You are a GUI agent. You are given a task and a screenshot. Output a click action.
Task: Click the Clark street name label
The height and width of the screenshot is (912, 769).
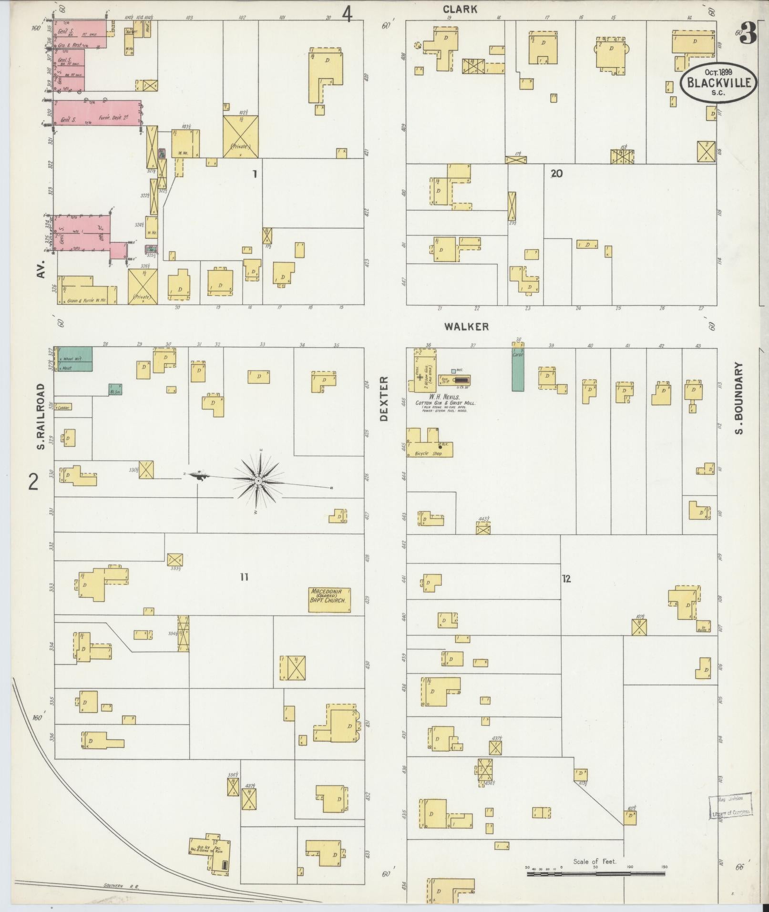coord(460,9)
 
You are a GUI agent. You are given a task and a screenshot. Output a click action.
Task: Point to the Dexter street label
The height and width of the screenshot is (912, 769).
coord(384,399)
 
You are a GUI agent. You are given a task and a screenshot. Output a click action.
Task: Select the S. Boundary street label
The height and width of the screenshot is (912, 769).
coord(739,399)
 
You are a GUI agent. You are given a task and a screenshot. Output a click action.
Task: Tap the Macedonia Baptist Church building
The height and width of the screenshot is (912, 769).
coord(330,599)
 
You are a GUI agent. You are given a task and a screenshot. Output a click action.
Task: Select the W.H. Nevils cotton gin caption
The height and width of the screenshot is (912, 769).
coord(444,400)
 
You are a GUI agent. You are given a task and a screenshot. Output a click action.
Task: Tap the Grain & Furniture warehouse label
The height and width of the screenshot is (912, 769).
coord(87,301)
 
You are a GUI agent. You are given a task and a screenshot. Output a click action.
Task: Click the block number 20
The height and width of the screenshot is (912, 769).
coord(556,174)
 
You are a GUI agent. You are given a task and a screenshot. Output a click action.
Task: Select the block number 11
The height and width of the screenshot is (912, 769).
coord(244,577)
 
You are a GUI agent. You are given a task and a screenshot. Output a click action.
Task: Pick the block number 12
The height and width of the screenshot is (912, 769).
coord(566,579)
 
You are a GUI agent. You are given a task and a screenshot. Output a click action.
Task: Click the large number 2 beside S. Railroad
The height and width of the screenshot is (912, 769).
coord(33,482)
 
